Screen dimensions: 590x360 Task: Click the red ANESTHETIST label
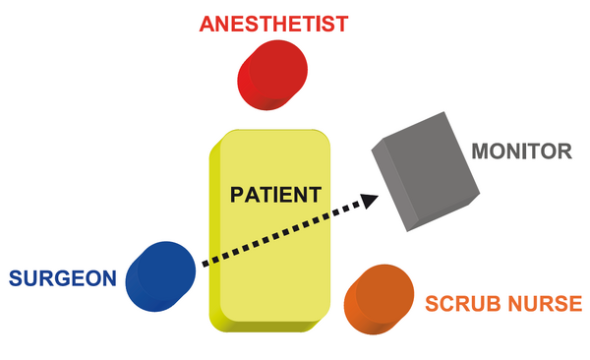coord(273,25)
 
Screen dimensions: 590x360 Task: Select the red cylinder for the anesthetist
coord(272,75)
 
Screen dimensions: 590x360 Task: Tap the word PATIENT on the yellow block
coord(275,195)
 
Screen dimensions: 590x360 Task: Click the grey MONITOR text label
coord(521,151)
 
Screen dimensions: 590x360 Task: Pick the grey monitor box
coord(426,171)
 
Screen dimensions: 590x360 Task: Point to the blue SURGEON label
coord(63,278)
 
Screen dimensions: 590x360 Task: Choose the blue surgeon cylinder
coord(160,276)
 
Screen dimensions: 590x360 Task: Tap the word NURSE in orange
coord(545,304)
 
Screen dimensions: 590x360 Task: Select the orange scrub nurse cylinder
coord(379,299)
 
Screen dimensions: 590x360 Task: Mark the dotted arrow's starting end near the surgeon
coord(205,264)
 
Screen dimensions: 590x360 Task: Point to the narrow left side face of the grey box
coord(394,185)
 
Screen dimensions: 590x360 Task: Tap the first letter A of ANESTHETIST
coord(206,25)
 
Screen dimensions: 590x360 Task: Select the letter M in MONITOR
coord(480,151)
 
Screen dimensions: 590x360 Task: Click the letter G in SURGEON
coord(63,278)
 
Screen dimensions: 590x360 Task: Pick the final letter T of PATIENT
coord(314,195)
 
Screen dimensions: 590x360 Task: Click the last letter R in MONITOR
coord(564,151)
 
